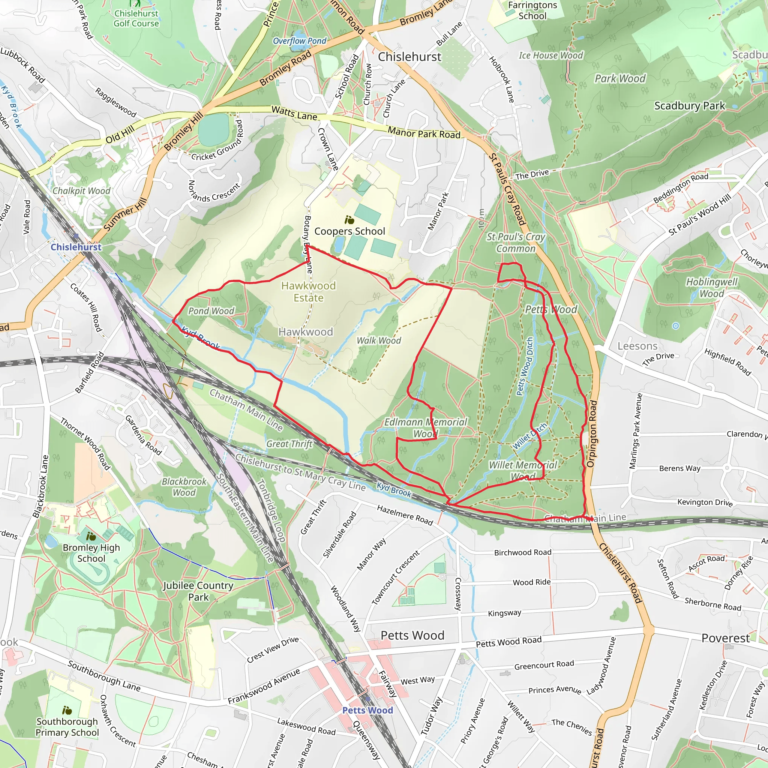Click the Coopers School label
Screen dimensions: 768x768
pyautogui.click(x=349, y=231)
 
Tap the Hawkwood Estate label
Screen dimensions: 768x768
pyautogui.click(x=309, y=291)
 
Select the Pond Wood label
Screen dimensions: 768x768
pyautogui.click(x=211, y=311)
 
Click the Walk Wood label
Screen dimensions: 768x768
pyautogui.click(x=378, y=340)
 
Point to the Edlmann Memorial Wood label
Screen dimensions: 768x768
pyautogui.click(x=425, y=427)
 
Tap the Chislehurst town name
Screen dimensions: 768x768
pyautogui.click(x=409, y=57)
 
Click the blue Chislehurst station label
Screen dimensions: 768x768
pyautogui.click(x=76, y=247)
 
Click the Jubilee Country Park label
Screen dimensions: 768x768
pyautogui.click(x=198, y=591)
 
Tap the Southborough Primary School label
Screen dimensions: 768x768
pyautogui.click(x=67, y=727)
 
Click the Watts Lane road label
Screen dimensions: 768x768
pyautogui.click(x=294, y=113)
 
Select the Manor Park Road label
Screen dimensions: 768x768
pyautogui.click(x=424, y=132)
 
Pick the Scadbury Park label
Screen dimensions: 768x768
pyautogui.click(x=689, y=106)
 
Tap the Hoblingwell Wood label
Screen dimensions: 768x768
pyautogui.click(x=711, y=287)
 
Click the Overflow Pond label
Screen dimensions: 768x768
pyautogui.click(x=299, y=40)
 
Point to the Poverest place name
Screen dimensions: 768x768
pyautogui.click(x=725, y=638)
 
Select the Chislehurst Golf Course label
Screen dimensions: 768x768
pyautogui.click(x=136, y=18)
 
